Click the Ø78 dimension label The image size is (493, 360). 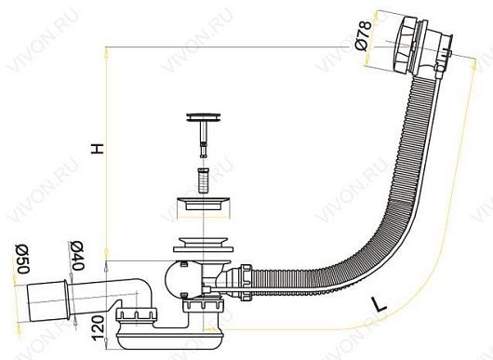click(x=363, y=35)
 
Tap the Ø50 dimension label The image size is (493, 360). click(x=23, y=259)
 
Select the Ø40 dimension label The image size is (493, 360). click(x=77, y=256)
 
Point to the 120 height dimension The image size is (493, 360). click(x=98, y=327)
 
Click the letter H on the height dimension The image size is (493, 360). click(x=97, y=149)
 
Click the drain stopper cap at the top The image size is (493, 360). click(x=204, y=117)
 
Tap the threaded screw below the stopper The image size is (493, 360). click(x=203, y=180)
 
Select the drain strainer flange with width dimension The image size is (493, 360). click(x=204, y=204)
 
